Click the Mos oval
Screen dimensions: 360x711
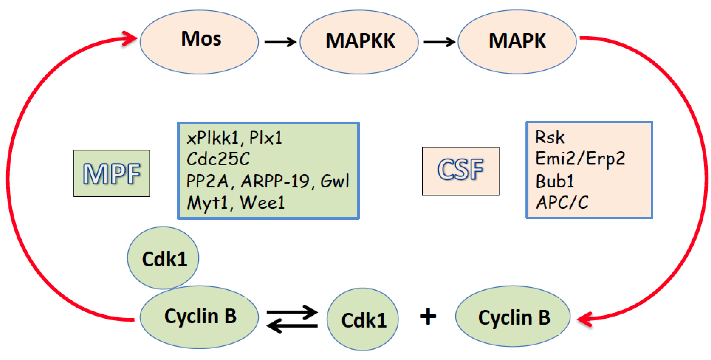click(x=199, y=42)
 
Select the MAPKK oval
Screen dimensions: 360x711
click(x=359, y=42)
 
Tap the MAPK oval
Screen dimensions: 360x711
click(x=517, y=42)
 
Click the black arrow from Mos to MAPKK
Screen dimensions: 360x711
click(x=280, y=42)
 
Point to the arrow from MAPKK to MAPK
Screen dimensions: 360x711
click(x=439, y=42)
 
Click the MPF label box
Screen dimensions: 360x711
click(x=112, y=173)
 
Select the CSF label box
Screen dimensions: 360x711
click(x=460, y=171)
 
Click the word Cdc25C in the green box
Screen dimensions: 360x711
click(x=218, y=159)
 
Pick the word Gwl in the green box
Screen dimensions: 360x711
click(x=335, y=181)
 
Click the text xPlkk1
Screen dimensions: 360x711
click(x=212, y=138)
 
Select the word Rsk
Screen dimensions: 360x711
click(x=549, y=137)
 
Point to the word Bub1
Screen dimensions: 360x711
click(x=554, y=181)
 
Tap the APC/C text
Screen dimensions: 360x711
click(x=562, y=203)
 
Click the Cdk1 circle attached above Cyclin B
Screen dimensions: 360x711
click(x=163, y=258)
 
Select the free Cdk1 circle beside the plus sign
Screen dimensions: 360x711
click(x=362, y=320)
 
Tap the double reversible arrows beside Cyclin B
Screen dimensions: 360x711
click(x=292, y=319)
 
